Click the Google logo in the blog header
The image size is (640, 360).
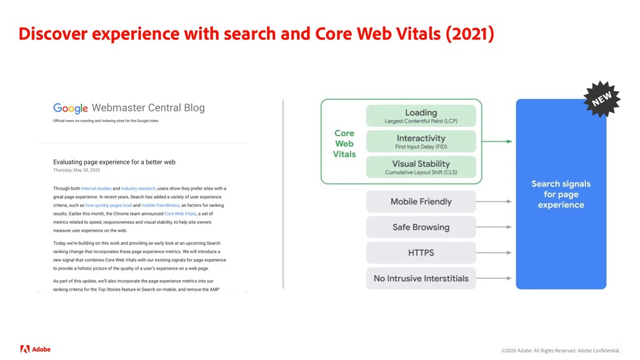click(x=70, y=109)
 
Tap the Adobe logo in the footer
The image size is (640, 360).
click(x=35, y=349)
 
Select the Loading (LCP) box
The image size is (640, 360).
click(x=421, y=116)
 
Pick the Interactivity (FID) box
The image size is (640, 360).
click(x=421, y=142)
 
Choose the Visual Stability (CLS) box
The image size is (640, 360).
click(x=421, y=167)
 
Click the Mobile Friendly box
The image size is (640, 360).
click(x=421, y=202)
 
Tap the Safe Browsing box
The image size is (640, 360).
click(x=421, y=227)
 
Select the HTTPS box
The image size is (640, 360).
click(x=421, y=253)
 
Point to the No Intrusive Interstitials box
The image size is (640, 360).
click(x=421, y=278)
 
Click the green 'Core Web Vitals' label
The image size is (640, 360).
click(x=344, y=144)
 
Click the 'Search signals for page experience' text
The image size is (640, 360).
click(x=561, y=194)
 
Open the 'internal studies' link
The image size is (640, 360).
click(x=96, y=188)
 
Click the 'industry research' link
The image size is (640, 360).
click(x=138, y=188)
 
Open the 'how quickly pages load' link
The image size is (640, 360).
click(x=108, y=205)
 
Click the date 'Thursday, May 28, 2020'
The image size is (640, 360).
click(x=76, y=170)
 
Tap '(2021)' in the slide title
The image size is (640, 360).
click(x=469, y=34)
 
